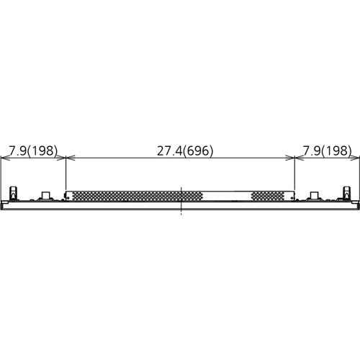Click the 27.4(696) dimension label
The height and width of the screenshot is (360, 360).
tap(185, 150)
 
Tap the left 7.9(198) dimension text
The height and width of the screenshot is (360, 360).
tap(33, 150)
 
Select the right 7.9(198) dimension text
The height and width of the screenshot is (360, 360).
tap(327, 150)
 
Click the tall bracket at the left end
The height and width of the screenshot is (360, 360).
tap(13, 193)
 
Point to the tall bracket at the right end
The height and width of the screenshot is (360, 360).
tap(347, 193)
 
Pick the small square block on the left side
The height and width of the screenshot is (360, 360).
tap(45, 195)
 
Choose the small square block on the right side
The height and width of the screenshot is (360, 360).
tap(315, 195)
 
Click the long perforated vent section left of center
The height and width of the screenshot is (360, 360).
tap(138, 196)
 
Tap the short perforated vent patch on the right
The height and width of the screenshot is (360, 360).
tap(267, 196)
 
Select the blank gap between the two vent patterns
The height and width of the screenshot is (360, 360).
tap(227, 196)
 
